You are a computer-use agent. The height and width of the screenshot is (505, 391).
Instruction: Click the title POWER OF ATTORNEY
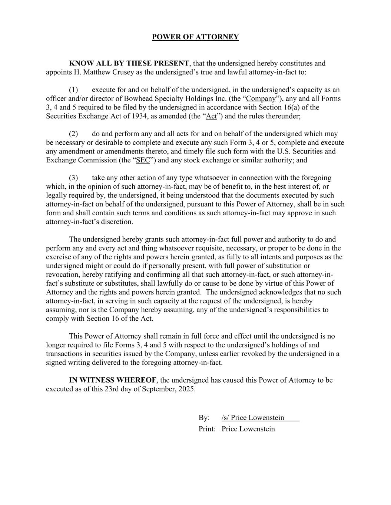point(195,37)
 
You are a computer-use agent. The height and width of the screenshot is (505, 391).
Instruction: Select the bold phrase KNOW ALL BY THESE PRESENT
point(129,63)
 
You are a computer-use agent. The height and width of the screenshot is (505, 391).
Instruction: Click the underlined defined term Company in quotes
point(261,99)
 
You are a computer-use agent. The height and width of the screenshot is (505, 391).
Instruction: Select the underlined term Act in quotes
point(211,116)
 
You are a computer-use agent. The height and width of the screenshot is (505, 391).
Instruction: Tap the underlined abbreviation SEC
point(143,160)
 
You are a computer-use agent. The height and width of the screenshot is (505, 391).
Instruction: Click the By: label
point(204,418)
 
